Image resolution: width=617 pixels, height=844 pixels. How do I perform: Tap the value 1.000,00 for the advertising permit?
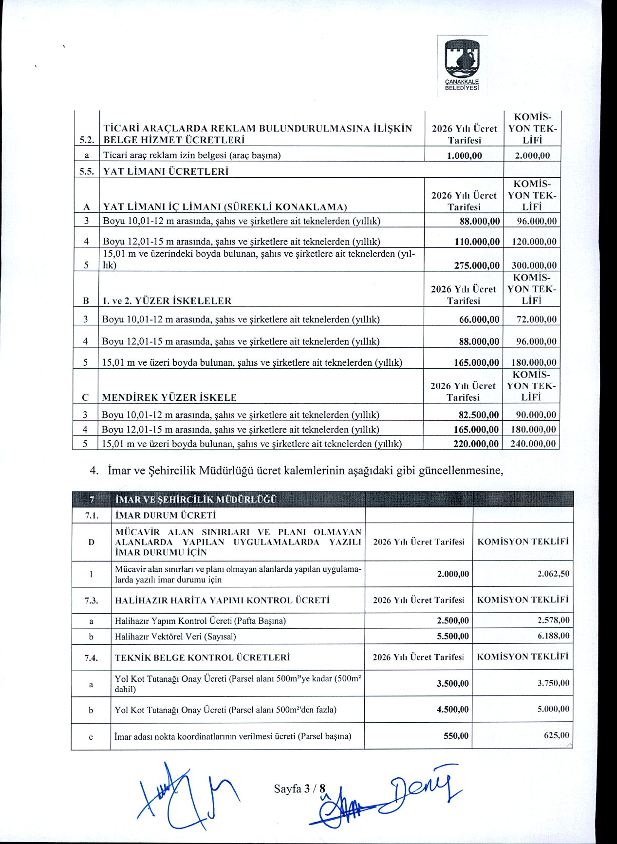(464, 155)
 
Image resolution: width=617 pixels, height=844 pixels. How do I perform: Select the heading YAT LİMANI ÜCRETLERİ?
(166, 171)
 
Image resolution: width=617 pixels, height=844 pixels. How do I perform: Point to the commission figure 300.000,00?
(534, 265)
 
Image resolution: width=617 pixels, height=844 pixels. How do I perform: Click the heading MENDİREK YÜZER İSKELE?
(169, 397)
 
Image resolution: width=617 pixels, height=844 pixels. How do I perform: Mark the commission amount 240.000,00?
(533, 444)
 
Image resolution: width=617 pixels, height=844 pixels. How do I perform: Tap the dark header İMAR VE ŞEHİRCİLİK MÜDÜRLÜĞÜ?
(196, 500)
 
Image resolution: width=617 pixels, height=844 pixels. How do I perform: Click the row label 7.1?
(92, 515)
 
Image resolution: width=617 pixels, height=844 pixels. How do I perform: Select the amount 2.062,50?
(553, 574)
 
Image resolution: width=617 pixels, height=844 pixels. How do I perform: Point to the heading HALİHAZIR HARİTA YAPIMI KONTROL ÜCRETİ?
(222, 600)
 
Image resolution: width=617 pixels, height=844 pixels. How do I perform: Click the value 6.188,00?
(553, 636)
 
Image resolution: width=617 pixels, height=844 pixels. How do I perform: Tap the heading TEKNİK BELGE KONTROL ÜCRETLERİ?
(202, 657)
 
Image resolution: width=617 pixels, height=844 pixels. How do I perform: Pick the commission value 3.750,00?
(553, 683)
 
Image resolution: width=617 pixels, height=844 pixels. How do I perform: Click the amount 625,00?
(556, 735)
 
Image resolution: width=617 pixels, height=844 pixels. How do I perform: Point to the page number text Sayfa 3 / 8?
(299, 789)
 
